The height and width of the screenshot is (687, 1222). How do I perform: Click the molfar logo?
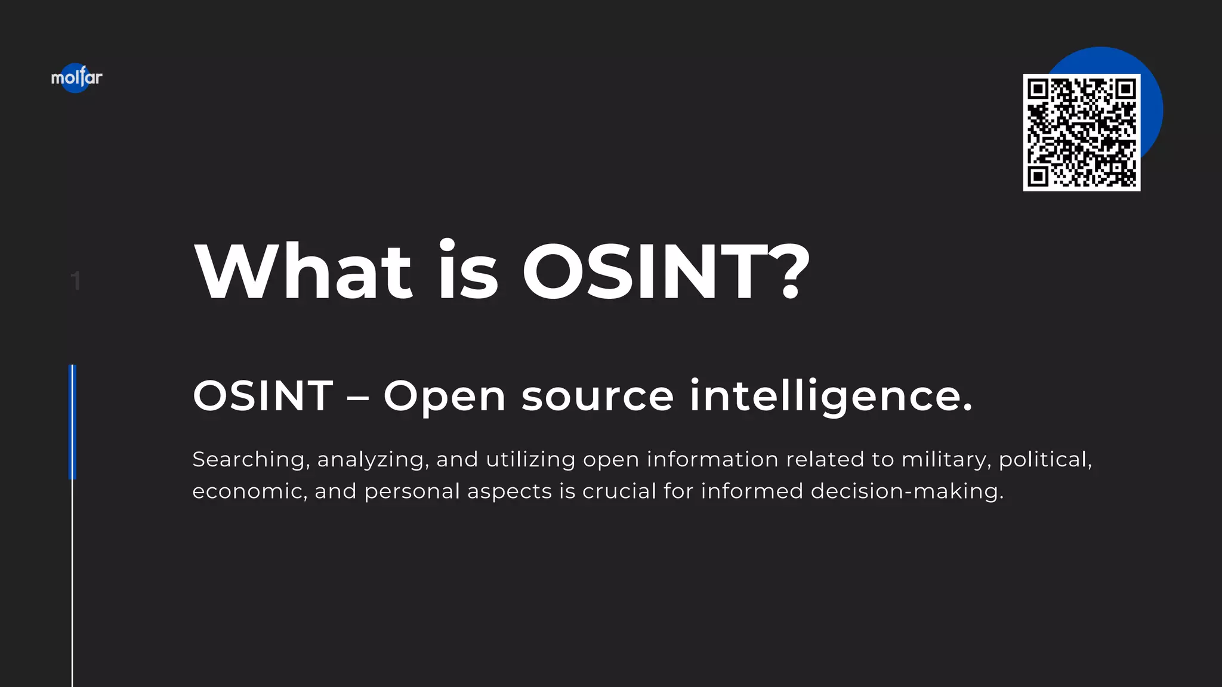pos(76,78)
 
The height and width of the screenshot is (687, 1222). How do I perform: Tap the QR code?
pos(1081,132)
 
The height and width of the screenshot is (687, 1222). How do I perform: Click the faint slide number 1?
pos(75,281)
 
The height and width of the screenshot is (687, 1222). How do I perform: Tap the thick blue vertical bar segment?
pos(73,422)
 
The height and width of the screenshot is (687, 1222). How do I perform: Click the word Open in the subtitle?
pos(445,397)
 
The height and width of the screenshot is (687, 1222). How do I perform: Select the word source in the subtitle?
pos(597,397)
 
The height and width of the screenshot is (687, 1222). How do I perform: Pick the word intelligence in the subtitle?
pos(831,397)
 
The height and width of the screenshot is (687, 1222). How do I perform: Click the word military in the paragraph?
pos(946,460)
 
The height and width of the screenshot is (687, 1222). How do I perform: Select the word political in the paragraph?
pos(1045,460)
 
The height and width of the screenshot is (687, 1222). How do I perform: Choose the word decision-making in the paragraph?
pos(906,491)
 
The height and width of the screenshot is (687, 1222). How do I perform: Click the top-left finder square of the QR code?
pos(1038,89)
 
